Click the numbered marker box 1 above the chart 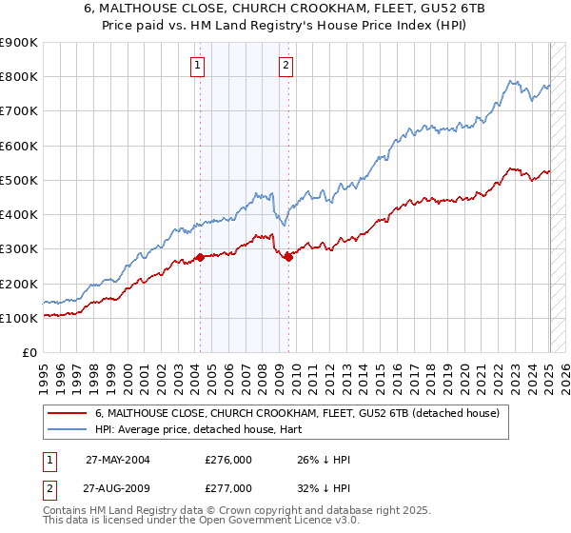coord(197,66)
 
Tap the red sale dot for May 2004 coord(200,257)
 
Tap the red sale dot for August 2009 coord(288,257)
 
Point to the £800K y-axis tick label coord(19,77)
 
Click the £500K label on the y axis coord(19,180)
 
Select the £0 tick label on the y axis coord(29,352)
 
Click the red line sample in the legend coord(68,413)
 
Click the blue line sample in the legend coord(68,429)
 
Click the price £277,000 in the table coord(228,488)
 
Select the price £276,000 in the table coord(228,459)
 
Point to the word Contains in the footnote coord(66,510)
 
